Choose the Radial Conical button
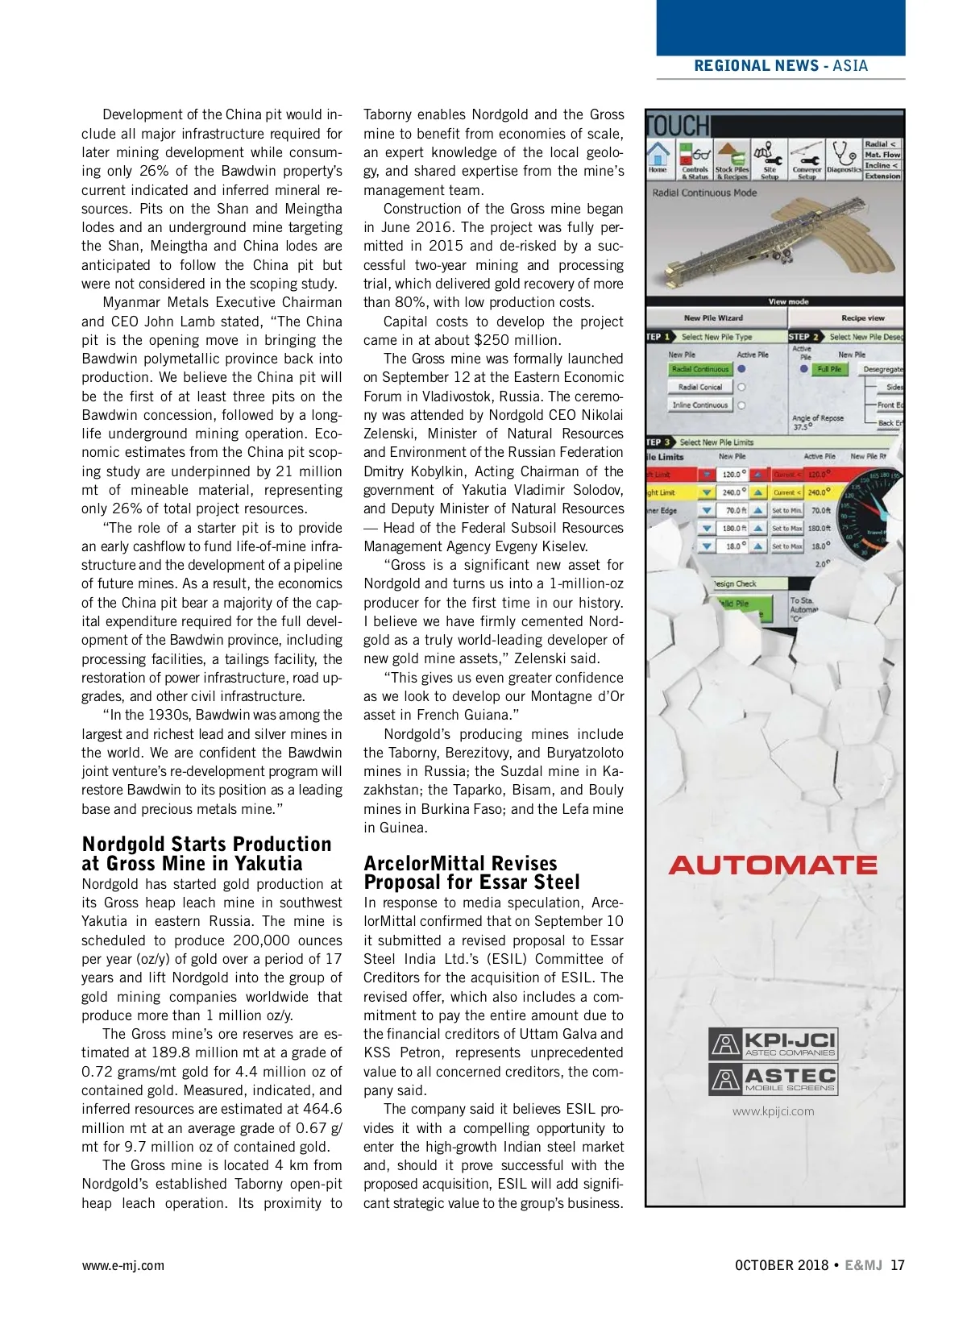[700, 387]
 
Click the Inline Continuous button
[700, 405]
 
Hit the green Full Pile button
[829, 369]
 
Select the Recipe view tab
[862, 318]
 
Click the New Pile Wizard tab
[713, 318]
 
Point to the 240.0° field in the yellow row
[731, 492]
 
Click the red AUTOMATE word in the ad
[773, 865]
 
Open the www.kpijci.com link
[773, 1111]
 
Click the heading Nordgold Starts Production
[207, 845]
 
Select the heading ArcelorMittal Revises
[460, 863]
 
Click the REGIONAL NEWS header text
[756, 66]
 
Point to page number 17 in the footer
[897, 1265]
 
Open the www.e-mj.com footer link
[122, 1265]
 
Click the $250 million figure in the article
[517, 340]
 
